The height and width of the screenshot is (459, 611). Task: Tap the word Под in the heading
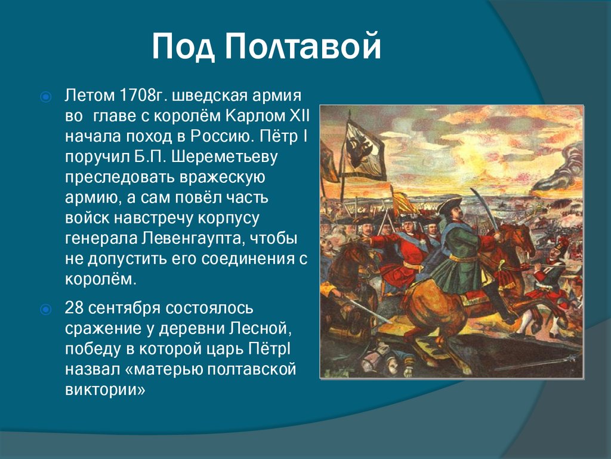pos(183,47)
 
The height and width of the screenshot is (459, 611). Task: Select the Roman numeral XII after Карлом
pos(299,116)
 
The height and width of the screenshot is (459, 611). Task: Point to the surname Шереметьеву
pos(224,157)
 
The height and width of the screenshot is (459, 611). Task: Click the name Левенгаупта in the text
pos(193,238)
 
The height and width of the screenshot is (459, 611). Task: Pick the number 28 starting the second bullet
pos(73,308)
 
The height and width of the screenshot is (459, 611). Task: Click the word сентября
pos(124,308)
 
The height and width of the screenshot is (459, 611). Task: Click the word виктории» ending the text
pos(105,390)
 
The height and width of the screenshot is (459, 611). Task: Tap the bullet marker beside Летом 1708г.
pos(45,96)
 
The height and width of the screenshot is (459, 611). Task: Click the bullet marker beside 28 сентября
pos(45,309)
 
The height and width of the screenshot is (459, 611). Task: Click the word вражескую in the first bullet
pos(222,177)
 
